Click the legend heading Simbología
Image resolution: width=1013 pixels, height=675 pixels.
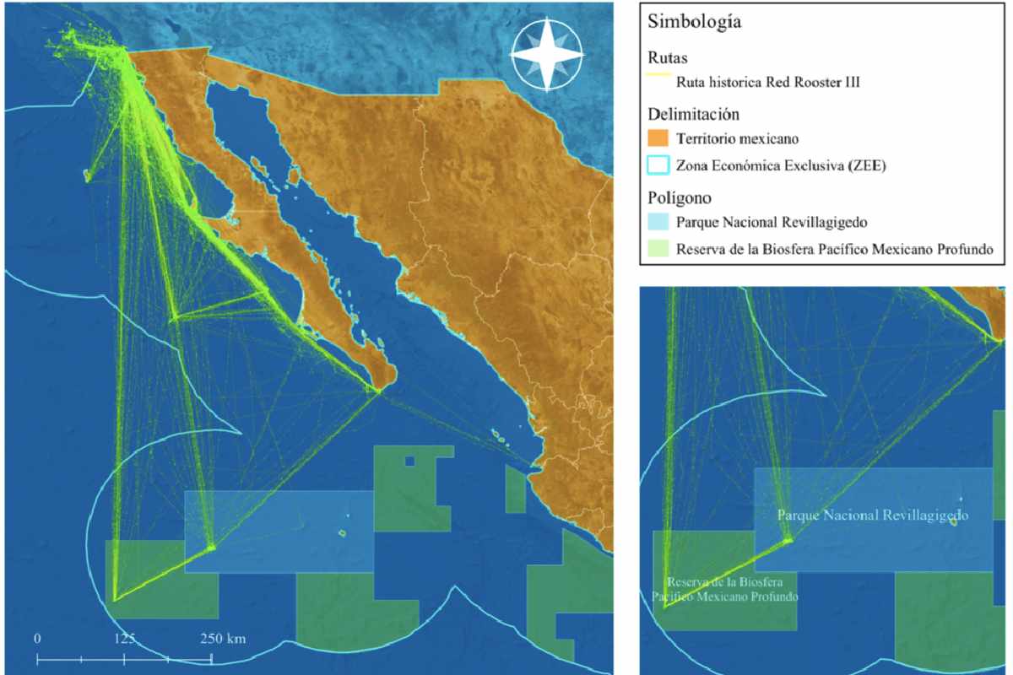[x=694, y=23]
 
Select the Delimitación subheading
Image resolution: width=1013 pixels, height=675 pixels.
[x=686, y=113]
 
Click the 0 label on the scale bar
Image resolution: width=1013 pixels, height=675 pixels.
[x=37, y=638]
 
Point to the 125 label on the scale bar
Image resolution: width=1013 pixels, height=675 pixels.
[x=125, y=638]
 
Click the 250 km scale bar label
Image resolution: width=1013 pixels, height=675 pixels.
[x=223, y=638]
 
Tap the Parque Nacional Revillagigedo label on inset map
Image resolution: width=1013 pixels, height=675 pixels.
[x=872, y=515]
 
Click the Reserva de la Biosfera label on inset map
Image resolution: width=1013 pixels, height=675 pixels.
[x=727, y=589]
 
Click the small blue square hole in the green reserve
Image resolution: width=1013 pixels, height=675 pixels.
[x=409, y=461]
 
